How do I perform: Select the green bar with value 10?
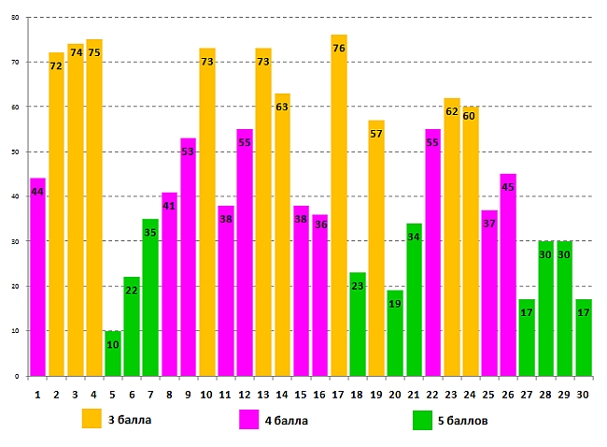[x=112, y=353]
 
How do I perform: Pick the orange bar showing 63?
[x=282, y=235]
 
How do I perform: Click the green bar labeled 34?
[x=414, y=299]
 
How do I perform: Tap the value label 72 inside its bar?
[x=56, y=66]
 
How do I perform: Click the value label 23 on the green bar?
[x=357, y=287]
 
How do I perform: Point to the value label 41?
[x=169, y=207]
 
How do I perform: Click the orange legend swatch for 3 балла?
[x=92, y=418]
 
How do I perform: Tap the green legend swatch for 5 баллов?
[x=422, y=420]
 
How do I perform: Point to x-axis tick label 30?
[x=584, y=394]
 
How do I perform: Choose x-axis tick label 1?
[x=37, y=394]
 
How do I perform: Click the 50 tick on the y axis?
[x=16, y=151]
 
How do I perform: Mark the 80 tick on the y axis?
[x=16, y=17]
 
